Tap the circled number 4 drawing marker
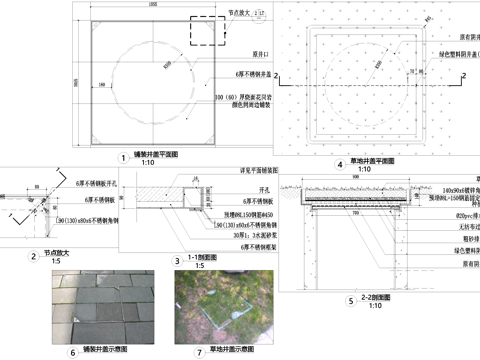340,163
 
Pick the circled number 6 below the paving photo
72,352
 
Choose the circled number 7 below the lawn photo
198,352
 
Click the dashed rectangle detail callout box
204,37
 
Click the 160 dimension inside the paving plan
102,86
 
